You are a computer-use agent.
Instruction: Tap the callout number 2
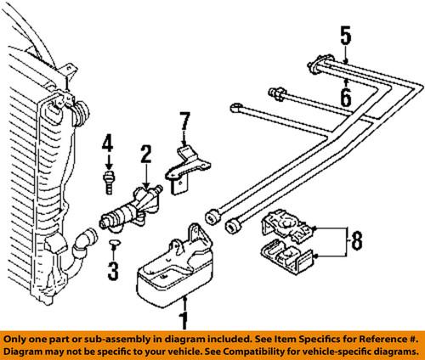click(146, 154)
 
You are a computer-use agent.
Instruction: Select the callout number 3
click(112, 272)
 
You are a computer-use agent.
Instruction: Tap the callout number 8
click(356, 243)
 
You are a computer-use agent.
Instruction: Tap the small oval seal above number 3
click(113, 245)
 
